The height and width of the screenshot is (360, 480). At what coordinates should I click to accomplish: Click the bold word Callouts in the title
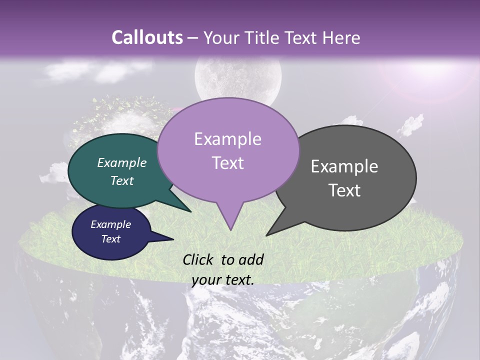147,37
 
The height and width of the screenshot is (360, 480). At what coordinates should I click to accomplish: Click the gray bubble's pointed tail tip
266,235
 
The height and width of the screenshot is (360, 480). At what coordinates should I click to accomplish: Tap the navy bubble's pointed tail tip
173,239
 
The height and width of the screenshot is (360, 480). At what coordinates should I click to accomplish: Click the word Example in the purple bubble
227,139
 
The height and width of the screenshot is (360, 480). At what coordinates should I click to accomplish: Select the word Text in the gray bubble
344,190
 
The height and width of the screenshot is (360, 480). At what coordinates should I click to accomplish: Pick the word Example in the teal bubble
122,162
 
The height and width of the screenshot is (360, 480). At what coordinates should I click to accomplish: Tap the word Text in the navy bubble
111,239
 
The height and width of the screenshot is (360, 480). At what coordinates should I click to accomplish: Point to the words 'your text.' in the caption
223,280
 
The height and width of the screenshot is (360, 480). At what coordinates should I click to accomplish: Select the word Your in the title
222,38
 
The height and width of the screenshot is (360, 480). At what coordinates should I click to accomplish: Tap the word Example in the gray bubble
344,166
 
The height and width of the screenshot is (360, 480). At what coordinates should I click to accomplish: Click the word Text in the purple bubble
228,163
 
